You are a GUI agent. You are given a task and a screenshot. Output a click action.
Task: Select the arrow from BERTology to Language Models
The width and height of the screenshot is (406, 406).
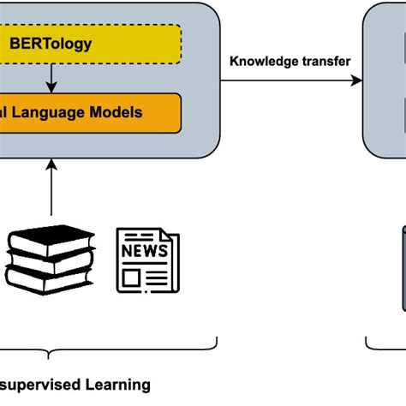tap(51, 79)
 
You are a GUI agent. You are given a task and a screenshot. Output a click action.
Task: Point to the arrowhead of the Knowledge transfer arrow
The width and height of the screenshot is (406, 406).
tap(357, 81)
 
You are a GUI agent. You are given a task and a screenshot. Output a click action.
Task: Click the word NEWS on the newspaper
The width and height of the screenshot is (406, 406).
tap(144, 250)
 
